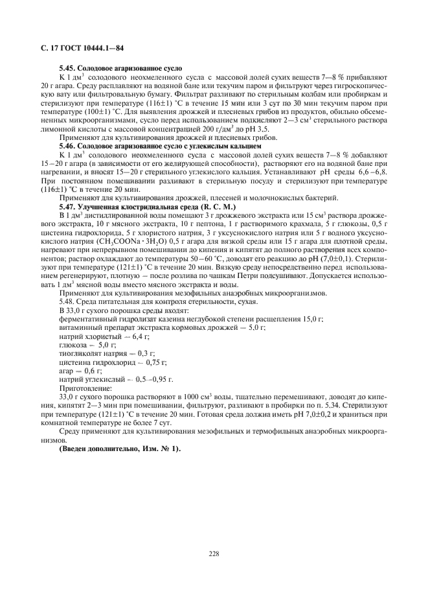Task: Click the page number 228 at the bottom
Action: tap(214, 554)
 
